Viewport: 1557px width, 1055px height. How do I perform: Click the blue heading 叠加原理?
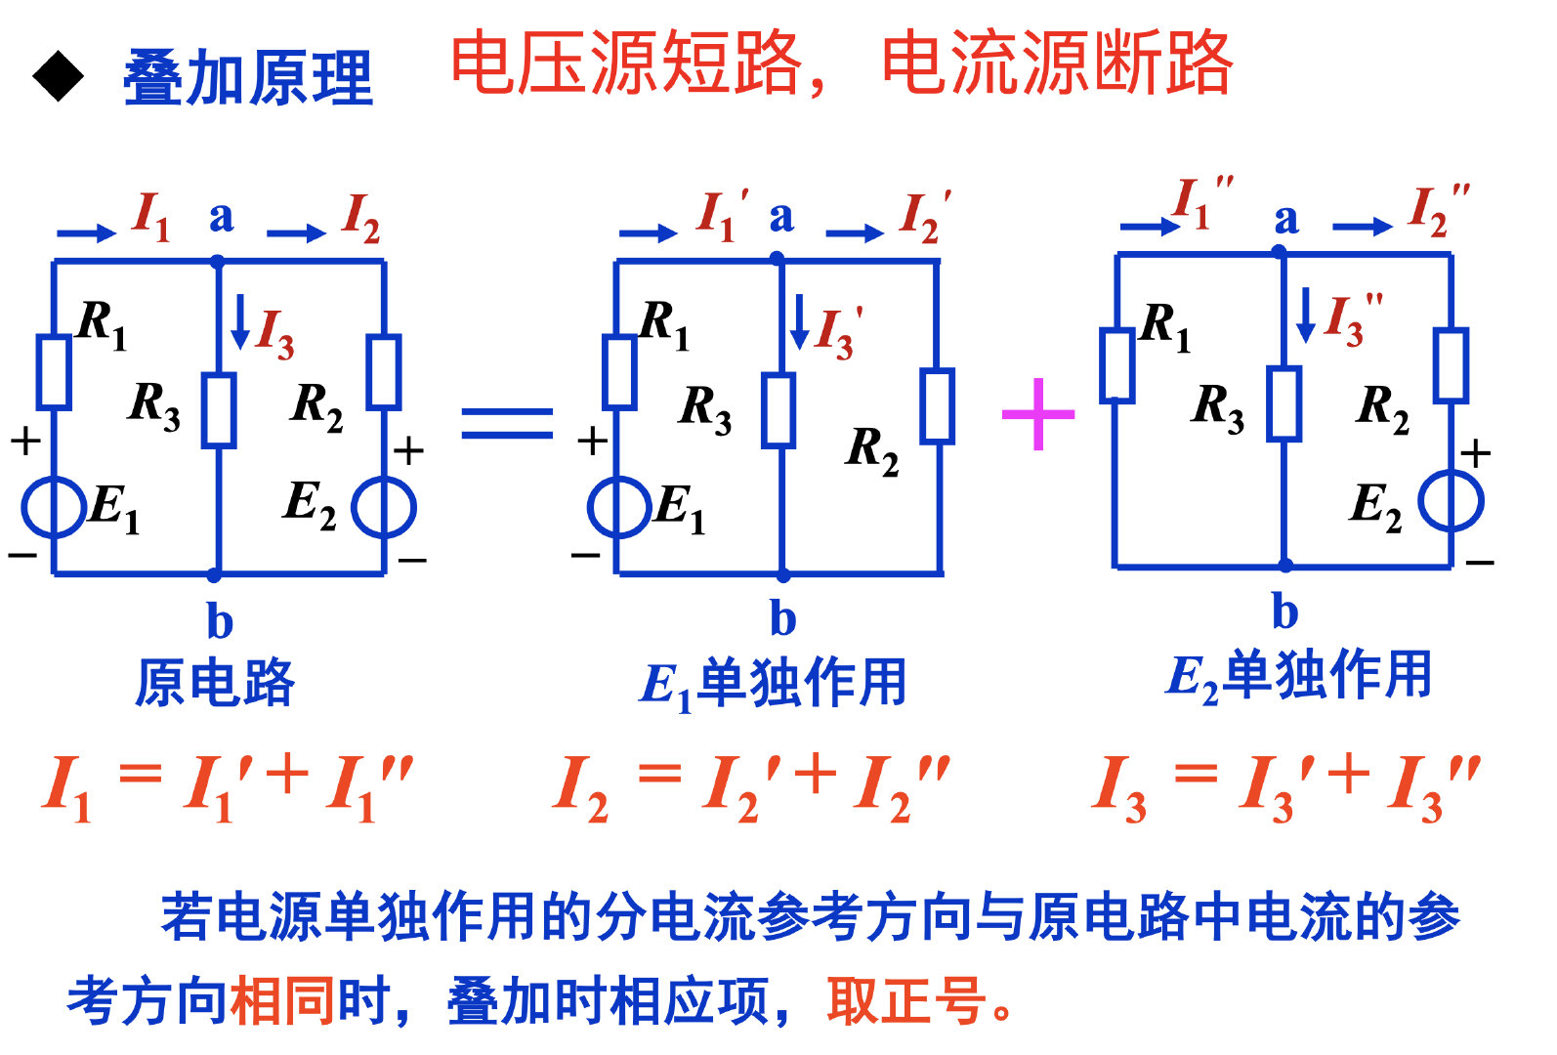coord(248,78)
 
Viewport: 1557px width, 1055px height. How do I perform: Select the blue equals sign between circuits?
coord(507,422)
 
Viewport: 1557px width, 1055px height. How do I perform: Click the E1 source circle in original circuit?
coord(54,507)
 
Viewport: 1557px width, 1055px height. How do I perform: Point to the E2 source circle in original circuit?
coord(384,507)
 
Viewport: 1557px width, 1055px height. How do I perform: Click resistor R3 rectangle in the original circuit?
coord(218,410)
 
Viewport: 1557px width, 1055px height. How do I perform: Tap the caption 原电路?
coord(215,682)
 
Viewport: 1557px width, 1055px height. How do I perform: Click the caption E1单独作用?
coord(773,684)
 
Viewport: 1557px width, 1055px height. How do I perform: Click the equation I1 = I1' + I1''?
coord(229,786)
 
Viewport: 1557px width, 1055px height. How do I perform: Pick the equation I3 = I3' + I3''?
coord(1286,786)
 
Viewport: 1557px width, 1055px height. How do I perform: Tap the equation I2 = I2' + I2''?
coord(750,786)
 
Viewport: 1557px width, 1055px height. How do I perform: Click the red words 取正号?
coord(906,1001)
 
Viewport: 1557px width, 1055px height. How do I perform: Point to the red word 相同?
coord(282,1001)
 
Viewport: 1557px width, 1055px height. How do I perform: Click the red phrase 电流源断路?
coord(1057,63)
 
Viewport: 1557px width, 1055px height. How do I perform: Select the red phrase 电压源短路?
coord(626,63)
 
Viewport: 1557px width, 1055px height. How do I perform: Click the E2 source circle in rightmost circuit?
coord(1451,500)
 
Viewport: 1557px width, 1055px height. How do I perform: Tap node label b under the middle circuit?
coord(782,618)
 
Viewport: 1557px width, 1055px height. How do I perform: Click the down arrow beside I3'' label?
coord(1305,315)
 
